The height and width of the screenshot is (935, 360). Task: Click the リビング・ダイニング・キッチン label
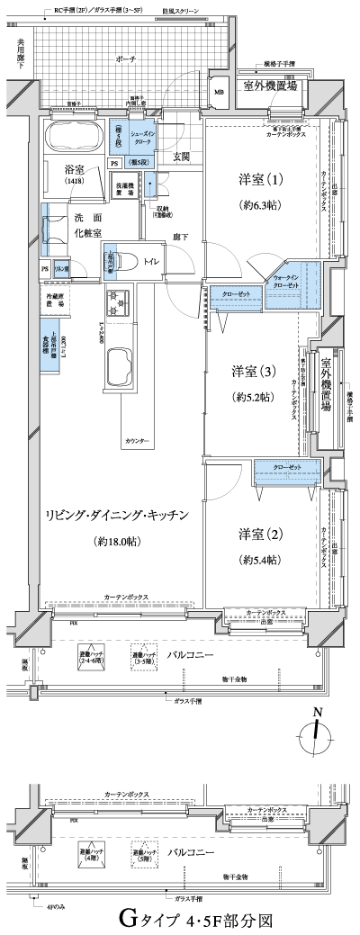(x=117, y=515)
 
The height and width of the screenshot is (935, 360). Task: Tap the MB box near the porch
(x=219, y=91)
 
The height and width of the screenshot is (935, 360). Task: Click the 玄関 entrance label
(x=182, y=157)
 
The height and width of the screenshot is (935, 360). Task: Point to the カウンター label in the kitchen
(x=137, y=417)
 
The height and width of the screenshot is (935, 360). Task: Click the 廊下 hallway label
(x=180, y=237)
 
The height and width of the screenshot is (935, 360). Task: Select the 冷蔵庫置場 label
(x=56, y=300)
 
